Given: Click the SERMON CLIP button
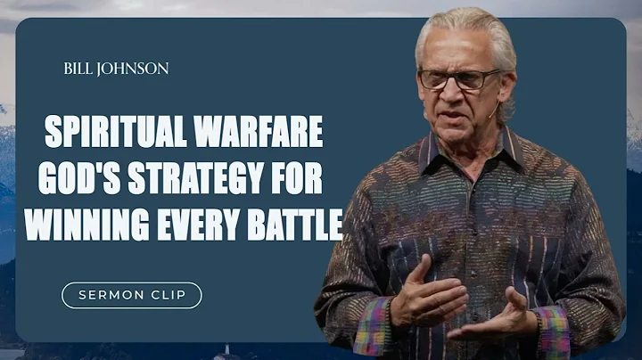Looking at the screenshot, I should (x=131, y=295).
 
